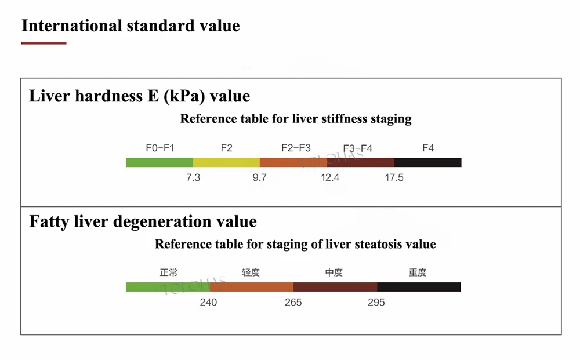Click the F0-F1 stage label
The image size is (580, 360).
pyautogui.click(x=160, y=148)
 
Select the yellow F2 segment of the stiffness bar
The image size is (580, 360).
pyautogui.click(x=226, y=162)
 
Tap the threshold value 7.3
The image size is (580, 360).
pyautogui.click(x=193, y=177)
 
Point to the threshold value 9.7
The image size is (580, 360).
pyautogui.click(x=259, y=177)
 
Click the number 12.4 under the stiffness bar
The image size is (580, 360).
pyautogui.click(x=330, y=177)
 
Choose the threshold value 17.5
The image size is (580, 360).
pyautogui.click(x=394, y=177)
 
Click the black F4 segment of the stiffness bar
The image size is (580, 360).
pyautogui.click(x=427, y=162)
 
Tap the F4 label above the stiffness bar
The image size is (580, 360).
pyautogui.click(x=428, y=148)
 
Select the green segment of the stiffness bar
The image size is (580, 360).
pyautogui.click(x=159, y=162)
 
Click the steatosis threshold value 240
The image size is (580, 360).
pyautogui.click(x=208, y=302)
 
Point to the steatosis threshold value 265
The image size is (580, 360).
pyautogui.click(x=293, y=302)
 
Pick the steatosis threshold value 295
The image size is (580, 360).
pyautogui.click(x=376, y=302)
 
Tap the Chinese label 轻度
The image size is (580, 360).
pyautogui.click(x=251, y=272)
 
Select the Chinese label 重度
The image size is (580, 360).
pyautogui.click(x=418, y=272)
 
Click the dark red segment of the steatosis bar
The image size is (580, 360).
pyautogui.click(x=335, y=287)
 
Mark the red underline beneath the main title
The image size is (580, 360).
pyautogui.click(x=43, y=43)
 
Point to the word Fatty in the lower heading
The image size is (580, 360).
pyautogui.click(x=49, y=221)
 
